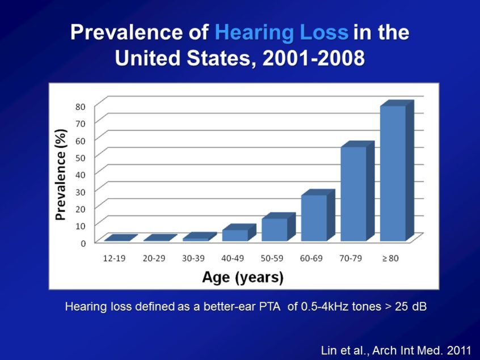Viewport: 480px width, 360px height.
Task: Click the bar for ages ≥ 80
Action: (393, 173)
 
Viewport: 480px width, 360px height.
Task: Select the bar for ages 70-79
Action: (353, 193)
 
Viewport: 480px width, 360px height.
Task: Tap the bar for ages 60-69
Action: (314, 218)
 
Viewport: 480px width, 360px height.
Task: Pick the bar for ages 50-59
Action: (275, 229)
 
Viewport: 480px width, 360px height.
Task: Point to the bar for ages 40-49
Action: (235, 235)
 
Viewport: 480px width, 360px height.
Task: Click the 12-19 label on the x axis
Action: (114, 259)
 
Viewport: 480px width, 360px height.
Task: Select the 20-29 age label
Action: (154, 259)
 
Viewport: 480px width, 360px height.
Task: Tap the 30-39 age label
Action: (193, 259)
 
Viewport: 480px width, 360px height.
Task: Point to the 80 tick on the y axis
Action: (81, 106)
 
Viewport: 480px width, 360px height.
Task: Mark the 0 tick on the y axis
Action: (83, 243)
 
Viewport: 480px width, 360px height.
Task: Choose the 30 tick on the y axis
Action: (81, 192)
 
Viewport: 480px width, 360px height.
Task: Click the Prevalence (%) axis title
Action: (61, 174)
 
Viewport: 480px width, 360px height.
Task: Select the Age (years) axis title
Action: (243, 277)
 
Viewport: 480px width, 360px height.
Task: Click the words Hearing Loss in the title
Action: (281, 33)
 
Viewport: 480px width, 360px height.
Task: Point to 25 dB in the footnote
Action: (407, 307)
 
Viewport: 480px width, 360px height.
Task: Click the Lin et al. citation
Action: (397, 350)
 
